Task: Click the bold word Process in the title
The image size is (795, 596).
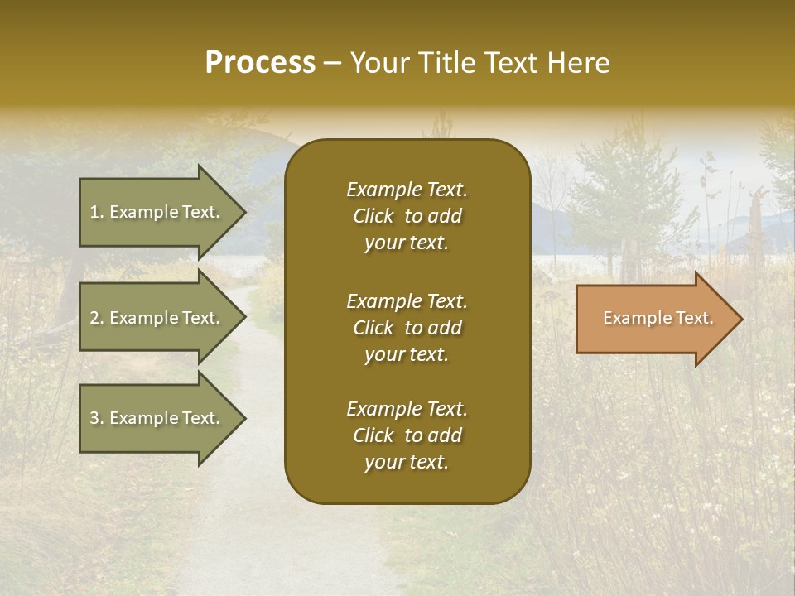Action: (260, 63)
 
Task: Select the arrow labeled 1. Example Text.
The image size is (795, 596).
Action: (157, 212)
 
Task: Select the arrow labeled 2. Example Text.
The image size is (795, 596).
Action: (157, 318)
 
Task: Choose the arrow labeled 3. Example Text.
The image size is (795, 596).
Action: (157, 418)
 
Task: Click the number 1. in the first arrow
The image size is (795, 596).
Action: (97, 212)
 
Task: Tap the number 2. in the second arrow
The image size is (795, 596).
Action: (97, 318)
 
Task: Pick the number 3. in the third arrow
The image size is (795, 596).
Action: (97, 418)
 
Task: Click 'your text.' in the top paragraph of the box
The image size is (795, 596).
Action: (407, 243)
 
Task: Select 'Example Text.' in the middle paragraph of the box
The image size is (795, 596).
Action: (407, 300)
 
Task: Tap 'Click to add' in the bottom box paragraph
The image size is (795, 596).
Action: (407, 435)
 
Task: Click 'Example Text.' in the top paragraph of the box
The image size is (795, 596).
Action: (407, 190)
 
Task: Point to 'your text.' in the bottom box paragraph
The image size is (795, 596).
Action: (407, 463)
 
